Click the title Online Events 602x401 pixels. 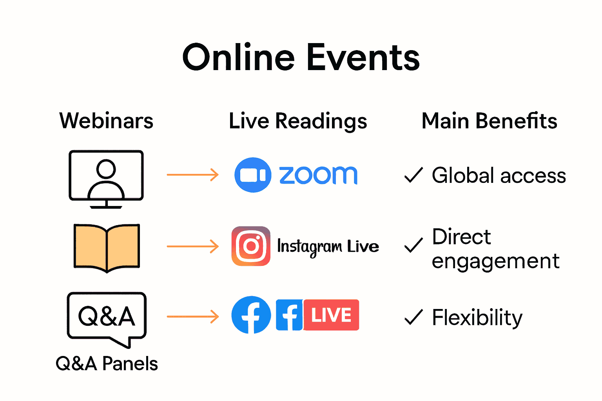[x=301, y=58]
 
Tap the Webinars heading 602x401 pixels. [x=106, y=121]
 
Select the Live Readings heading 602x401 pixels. [x=298, y=121]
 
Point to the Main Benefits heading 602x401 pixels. [x=489, y=121]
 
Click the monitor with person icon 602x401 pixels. [x=106, y=178]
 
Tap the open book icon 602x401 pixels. [x=107, y=247]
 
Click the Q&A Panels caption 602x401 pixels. [x=107, y=363]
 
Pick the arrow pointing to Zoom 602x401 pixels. [x=192, y=175]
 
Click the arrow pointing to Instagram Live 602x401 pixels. [x=192, y=246]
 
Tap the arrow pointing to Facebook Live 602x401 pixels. [x=192, y=316]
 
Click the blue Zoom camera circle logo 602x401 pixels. [x=253, y=175]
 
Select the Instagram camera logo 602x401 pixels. [x=251, y=246]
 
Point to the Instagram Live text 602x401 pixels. [x=328, y=247]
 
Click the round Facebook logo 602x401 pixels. [x=251, y=315]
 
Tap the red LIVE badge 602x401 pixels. [x=331, y=315]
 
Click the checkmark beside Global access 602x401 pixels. [x=413, y=175]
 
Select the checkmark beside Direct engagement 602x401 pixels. [x=413, y=245]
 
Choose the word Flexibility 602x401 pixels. [x=477, y=317]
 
